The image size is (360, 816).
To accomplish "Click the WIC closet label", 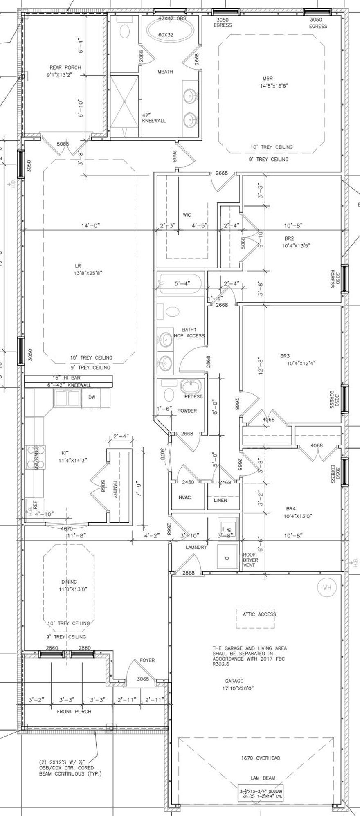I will coord(187,215).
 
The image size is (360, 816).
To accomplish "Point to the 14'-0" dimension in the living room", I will coord(90,225).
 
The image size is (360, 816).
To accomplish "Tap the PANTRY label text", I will coord(115,489).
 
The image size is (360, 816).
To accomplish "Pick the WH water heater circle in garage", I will coord(326,588).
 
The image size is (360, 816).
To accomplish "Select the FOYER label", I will coord(147,660).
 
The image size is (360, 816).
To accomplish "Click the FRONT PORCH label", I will coord(74,711).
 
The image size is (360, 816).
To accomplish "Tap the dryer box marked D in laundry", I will coord(227,557).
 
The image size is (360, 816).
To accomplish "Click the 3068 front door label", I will coord(143,679).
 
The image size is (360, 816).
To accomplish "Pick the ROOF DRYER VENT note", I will coord(250,560).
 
